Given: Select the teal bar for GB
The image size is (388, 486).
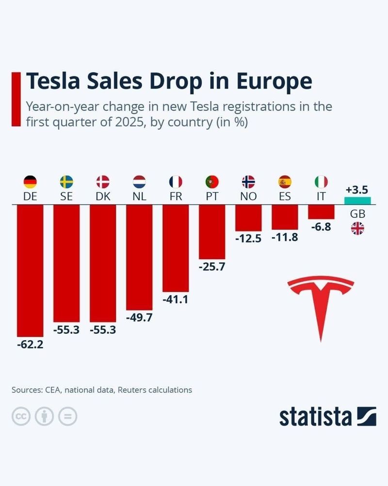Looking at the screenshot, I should point(357,201).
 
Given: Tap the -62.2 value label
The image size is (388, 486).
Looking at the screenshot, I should point(30,347).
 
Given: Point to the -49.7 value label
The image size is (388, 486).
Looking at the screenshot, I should point(139,319).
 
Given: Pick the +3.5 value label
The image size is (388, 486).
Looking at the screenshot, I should point(357,189).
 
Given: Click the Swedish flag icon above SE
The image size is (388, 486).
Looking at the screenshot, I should point(66,182).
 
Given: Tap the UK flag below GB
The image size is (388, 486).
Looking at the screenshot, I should point(357,228).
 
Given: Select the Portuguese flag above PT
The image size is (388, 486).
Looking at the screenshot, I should point(212,182).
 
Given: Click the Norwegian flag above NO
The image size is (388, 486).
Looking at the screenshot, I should point(248,182).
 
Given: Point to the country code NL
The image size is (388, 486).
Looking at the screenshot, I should point(139,197).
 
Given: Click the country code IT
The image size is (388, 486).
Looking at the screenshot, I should point(321,197).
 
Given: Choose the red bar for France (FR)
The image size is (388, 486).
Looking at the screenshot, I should point(176,248).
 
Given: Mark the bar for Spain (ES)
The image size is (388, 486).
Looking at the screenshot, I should point(285,217).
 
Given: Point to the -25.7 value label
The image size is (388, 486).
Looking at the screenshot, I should point(212,266).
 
